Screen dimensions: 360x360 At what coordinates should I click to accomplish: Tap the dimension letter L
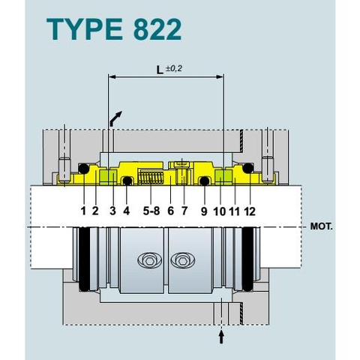(x=159, y=70)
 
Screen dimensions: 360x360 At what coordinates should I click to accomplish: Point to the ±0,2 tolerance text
(x=174, y=69)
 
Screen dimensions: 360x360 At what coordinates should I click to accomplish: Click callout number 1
(x=83, y=211)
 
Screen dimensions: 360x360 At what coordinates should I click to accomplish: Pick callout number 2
(x=95, y=211)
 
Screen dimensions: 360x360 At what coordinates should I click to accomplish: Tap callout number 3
(x=112, y=211)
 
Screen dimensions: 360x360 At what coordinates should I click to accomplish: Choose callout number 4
(x=126, y=211)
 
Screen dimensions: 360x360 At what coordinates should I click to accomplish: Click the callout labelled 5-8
(x=151, y=211)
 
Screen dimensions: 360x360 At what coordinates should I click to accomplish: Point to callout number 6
(x=171, y=211)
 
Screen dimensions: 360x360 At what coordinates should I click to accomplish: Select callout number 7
(x=184, y=211)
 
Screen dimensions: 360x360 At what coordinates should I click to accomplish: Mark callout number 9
(x=203, y=211)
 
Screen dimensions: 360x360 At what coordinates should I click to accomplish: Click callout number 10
(x=219, y=211)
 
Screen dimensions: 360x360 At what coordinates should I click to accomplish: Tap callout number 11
(x=234, y=211)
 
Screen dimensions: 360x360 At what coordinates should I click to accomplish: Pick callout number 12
(x=250, y=211)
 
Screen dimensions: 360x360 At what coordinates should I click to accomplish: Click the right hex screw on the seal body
(x=181, y=260)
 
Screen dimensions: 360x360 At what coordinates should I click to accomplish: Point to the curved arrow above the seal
(x=116, y=118)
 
